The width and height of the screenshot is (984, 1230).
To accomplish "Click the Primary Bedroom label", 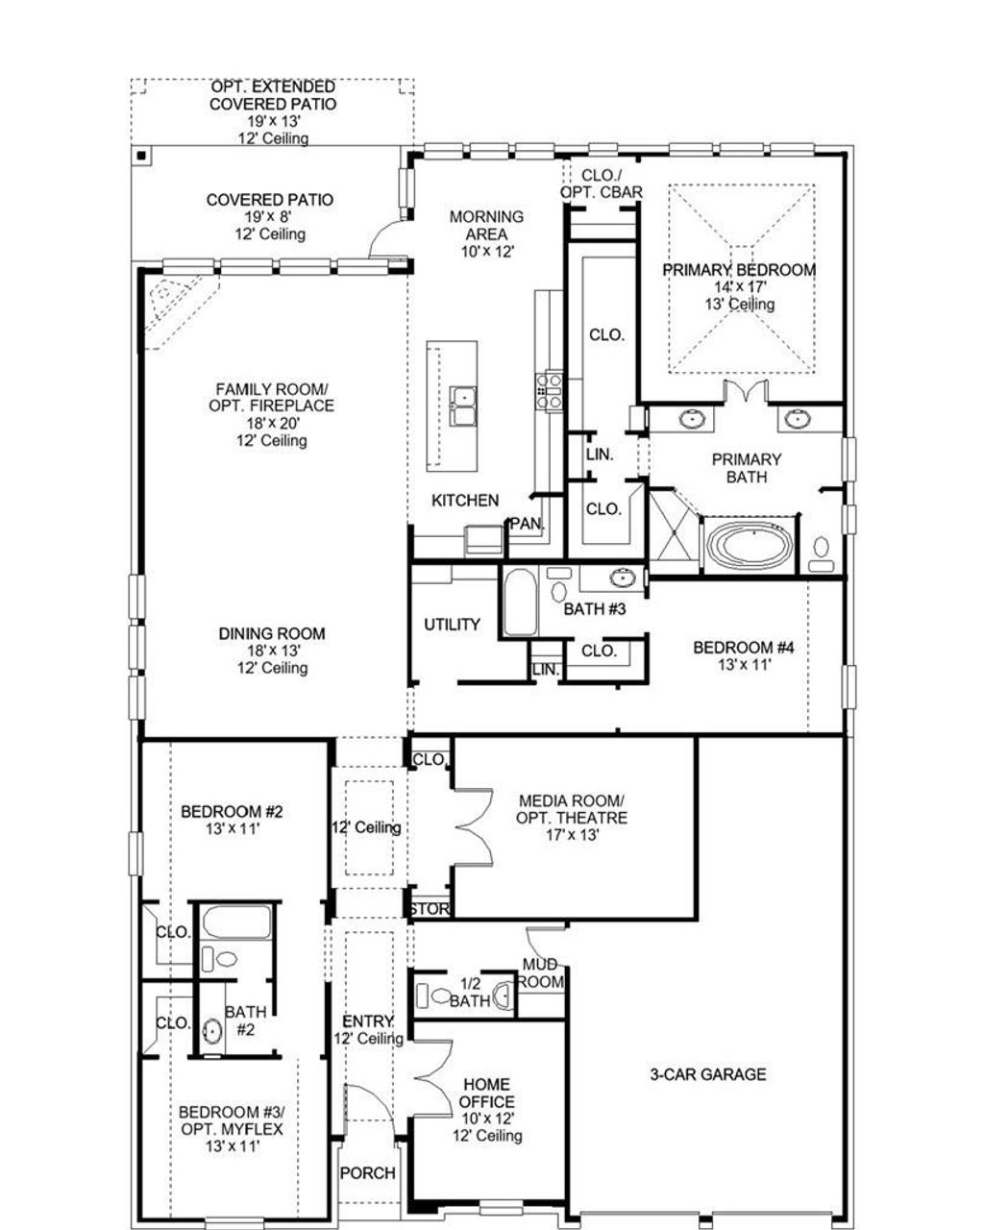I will [739, 270].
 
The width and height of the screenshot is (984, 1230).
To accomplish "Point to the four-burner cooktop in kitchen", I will [549, 391].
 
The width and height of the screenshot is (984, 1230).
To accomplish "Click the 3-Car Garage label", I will [708, 1074].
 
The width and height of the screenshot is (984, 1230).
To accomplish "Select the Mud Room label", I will [540, 972].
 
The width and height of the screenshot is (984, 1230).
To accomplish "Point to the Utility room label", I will [452, 625].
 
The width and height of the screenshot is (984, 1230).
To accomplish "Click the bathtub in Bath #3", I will [518, 603].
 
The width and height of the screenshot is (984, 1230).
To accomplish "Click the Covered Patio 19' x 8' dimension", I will [270, 217].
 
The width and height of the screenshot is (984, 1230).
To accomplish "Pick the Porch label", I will [368, 1172].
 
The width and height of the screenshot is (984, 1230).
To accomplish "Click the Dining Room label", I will [272, 634].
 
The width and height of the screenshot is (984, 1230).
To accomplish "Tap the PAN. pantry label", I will [527, 524].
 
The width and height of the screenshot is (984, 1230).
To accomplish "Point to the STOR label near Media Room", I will [430, 909].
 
